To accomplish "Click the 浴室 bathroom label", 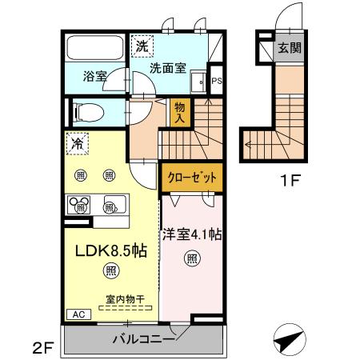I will point(94,77).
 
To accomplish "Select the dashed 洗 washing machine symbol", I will point(142,46).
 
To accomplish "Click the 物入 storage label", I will point(179,113).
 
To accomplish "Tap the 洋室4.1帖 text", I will point(192,236).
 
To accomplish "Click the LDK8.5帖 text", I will point(110,250).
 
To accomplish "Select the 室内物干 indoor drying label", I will point(117,300).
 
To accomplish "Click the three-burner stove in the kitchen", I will point(79,206).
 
